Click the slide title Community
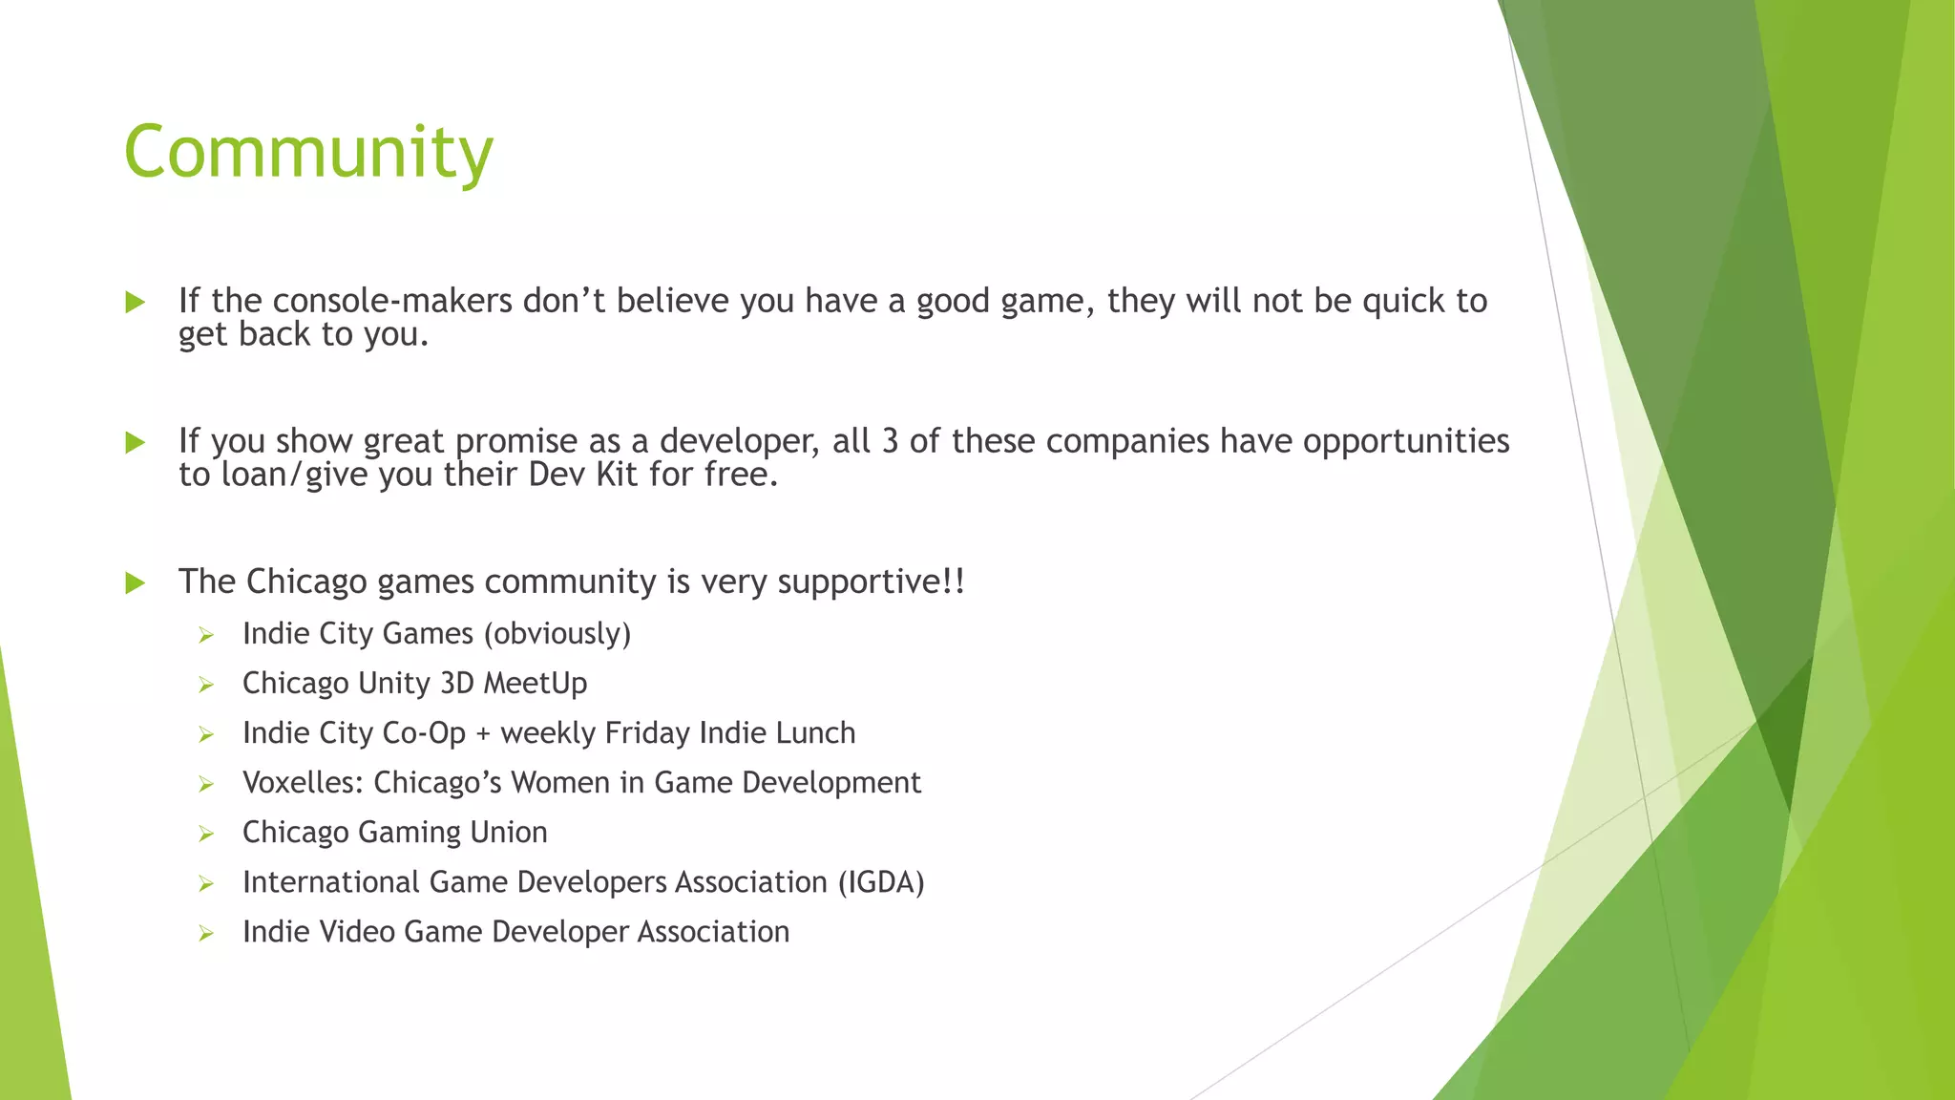tap(308, 153)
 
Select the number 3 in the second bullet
tap(889, 441)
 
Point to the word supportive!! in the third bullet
tap(871, 582)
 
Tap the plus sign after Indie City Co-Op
tap(483, 733)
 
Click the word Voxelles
tap(303, 783)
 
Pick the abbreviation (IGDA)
tap(881, 882)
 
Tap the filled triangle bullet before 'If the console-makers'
tap(136, 303)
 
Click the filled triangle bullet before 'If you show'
tap(136, 442)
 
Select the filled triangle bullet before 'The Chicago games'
tap(136, 582)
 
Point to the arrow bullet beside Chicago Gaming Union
tap(205, 835)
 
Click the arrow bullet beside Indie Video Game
tap(205, 934)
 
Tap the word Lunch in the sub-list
tap(815, 733)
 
